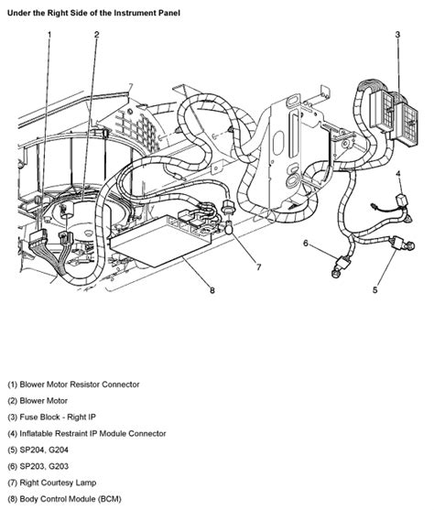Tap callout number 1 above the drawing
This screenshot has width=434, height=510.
tap(49, 35)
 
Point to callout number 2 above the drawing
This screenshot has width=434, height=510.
tap(96, 35)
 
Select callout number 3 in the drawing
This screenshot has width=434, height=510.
tap(397, 35)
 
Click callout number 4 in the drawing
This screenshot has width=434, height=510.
tap(398, 172)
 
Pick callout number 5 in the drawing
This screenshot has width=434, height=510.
tap(374, 290)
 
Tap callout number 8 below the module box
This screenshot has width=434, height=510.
tap(212, 292)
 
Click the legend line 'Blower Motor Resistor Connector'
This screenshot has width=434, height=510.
tap(73, 385)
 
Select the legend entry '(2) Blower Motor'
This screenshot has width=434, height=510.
tap(39, 401)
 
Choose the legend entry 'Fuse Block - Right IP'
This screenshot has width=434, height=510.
tap(55, 418)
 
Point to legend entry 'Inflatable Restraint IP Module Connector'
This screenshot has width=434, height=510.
tap(87, 433)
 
